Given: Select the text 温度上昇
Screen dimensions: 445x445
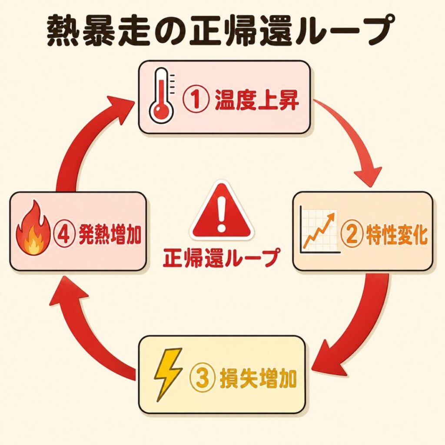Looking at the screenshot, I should point(256,100).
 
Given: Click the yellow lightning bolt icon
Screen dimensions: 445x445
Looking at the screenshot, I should point(167,373).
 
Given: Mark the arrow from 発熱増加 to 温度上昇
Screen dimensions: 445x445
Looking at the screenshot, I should point(83,139).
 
